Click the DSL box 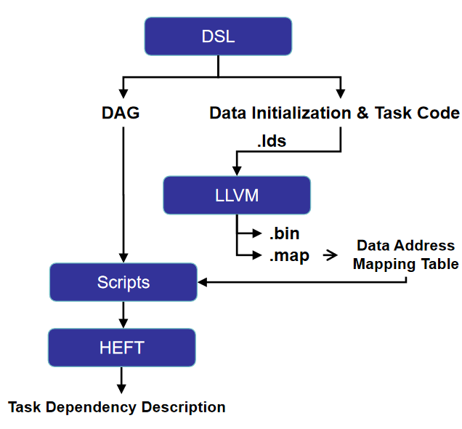tap(218, 36)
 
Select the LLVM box tap(237, 195)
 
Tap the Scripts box tap(123, 282)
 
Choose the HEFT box tap(122, 348)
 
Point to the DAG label tap(121, 113)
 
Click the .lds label tap(272, 141)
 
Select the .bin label tap(284, 233)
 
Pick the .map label tap(289, 256)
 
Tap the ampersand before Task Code tap(362, 113)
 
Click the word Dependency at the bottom tap(91, 407)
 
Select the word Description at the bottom tap(184, 407)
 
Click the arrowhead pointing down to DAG tap(123, 94)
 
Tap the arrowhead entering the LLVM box tap(237, 171)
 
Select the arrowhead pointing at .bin tap(256, 233)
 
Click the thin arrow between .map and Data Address tap(330, 255)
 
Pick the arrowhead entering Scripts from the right tap(203, 282)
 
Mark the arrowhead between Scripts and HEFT tap(123, 324)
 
